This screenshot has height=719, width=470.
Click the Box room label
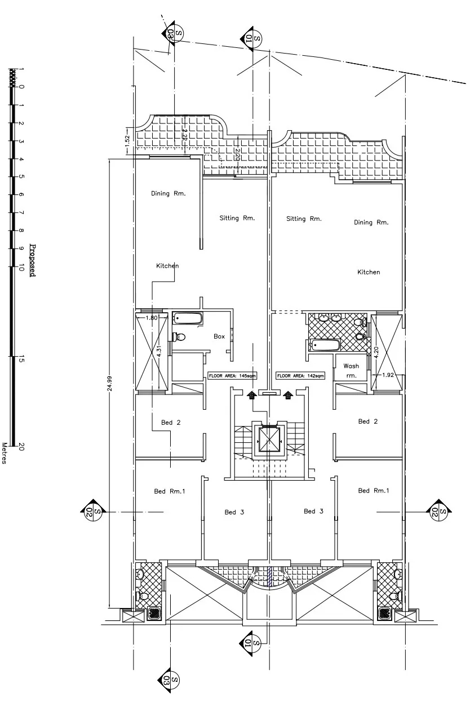coord(219,336)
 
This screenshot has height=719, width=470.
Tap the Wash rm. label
coord(351,370)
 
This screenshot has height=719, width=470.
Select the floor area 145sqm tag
coord(232,375)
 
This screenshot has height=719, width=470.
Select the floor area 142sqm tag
coord(300,375)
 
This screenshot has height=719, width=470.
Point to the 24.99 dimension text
coord(110,384)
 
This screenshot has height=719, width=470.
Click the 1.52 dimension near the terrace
coord(127,141)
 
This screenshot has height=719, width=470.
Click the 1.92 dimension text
coord(388,375)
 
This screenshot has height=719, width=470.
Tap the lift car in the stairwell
coord(267,439)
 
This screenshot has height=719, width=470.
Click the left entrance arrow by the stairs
coord(251,394)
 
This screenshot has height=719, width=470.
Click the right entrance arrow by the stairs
coord(288,394)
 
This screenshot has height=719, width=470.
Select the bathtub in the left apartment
coord(188,318)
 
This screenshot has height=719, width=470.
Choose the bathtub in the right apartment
coord(324,345)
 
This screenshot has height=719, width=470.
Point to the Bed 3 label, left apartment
coord(234,512)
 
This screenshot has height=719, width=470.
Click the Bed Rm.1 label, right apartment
coord(374,490)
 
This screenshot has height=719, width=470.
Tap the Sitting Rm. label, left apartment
coord(237,218)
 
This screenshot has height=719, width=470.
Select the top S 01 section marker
coord(251,39)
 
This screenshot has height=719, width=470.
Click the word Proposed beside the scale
coord(33,260)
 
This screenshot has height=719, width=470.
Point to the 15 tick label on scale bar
coord(21,359)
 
